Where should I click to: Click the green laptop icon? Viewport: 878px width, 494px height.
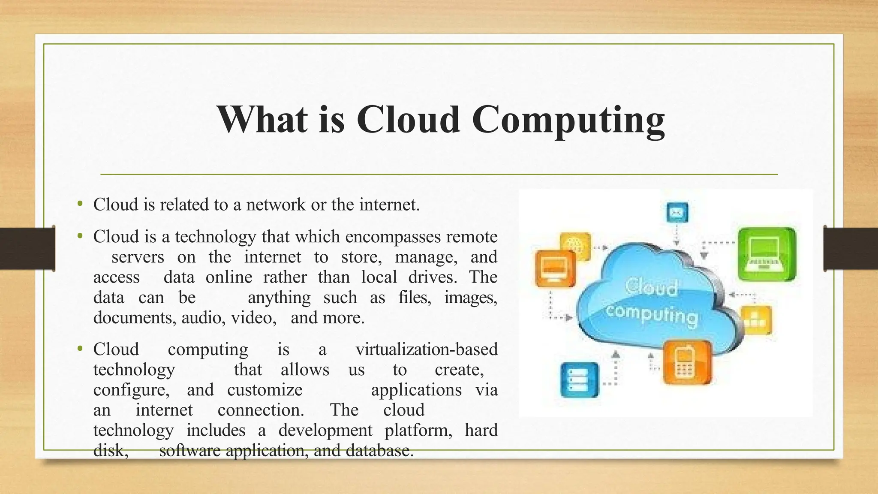(x=767, y=254)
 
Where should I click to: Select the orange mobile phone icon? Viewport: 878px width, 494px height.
(x=687, y=363)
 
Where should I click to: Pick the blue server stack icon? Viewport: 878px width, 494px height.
(x=580, y=380)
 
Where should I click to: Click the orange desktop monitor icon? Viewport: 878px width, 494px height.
(x=555, y=268)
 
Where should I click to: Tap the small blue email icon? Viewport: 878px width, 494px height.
(x=677, y=212)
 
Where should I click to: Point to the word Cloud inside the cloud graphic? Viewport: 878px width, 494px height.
(x=652, y=287)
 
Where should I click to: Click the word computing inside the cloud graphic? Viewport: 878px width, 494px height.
(x=652, y=316)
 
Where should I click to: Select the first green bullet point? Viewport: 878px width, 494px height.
(x=80, y=204)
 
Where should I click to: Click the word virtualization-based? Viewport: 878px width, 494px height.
(x=427, y=349)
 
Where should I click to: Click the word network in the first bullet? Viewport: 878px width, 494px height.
(x=276, y=205)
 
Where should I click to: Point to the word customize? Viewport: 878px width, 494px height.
(x=265, y=390)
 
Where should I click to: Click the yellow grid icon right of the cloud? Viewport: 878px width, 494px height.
(x=756, y=320)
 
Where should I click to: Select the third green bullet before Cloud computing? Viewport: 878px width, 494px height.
(x=80, y=349)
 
